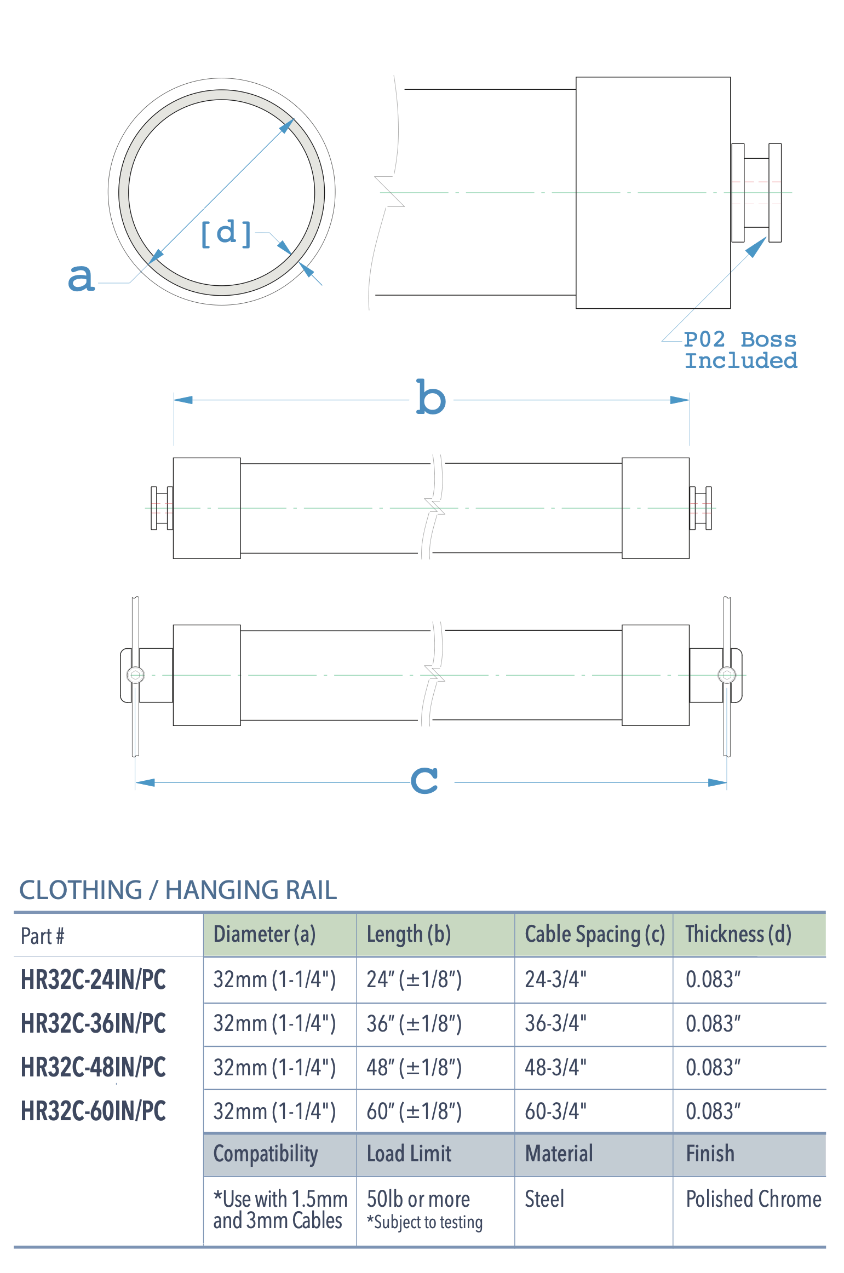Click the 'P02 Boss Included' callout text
(740, 350)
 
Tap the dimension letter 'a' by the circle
(81, 278)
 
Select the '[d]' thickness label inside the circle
(226, 234)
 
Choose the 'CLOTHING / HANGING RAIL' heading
(178, 890)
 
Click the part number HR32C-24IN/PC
(93, 980)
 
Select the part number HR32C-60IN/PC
(93, 1111)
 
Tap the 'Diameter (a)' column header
(265, 934)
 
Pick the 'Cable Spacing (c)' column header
(595, 934)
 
